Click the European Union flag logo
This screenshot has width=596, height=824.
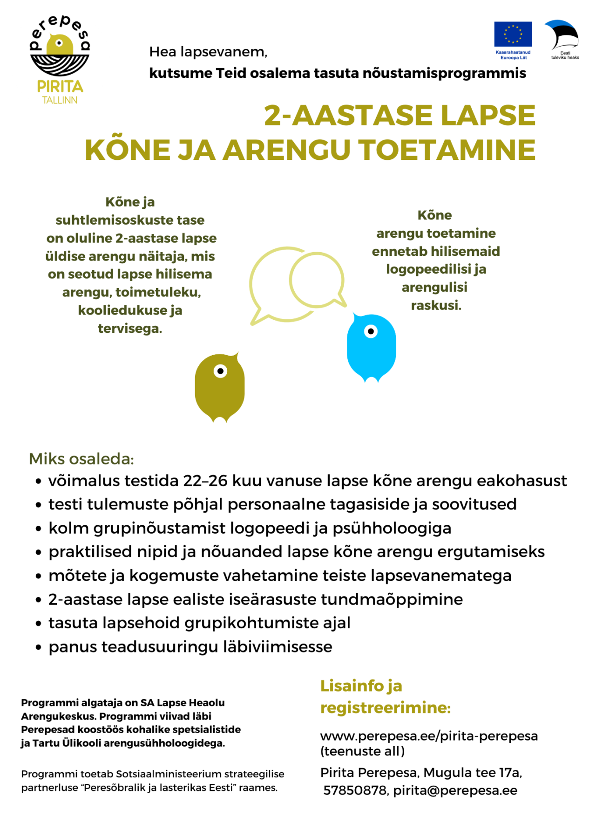coord(513,34)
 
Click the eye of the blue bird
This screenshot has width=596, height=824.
coord(371,331)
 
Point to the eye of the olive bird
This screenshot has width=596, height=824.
coord(220,371)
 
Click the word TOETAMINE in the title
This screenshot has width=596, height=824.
coord(447,150)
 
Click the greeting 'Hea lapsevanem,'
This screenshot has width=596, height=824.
coord(208,52)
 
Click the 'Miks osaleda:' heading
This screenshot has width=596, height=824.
coord(81,459)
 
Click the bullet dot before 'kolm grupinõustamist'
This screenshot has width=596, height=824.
coord(39,529)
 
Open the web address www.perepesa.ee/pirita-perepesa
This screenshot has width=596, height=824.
coord(429,736)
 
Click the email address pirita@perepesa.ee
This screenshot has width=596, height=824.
coord(455,790)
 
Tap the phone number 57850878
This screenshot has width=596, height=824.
coord(355,790)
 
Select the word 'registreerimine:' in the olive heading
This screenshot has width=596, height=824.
coord(386,707)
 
